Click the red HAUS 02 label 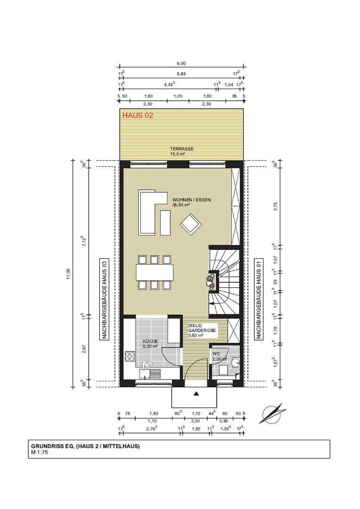pos(138,115)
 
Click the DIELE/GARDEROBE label pos(202,328)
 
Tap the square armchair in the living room pos(191,224)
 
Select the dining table pos(154,272)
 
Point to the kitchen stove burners pos(129,357)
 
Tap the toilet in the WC pos(235,362)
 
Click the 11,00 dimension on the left pos(69,272)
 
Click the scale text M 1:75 pos(40,452)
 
